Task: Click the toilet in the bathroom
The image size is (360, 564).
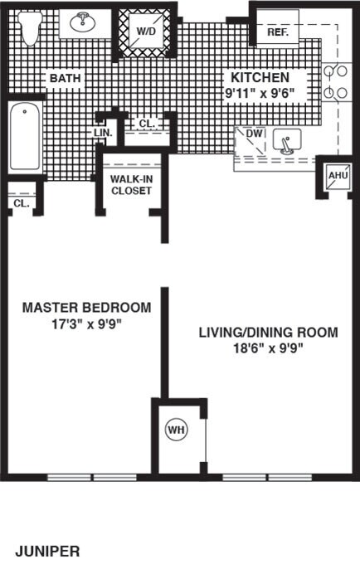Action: (30, 27)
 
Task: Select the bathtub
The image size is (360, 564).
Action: (24, 136)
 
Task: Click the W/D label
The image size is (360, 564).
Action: (146, 32)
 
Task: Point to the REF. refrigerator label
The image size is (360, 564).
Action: (278, 32)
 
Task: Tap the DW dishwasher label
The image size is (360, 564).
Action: (255, 133)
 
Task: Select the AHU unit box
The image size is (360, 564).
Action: (338, 176)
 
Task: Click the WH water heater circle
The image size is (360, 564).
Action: (177, 430)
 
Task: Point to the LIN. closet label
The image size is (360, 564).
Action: (103, 133)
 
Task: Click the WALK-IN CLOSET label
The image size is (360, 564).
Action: (131, 185)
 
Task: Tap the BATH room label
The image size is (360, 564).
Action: (65, 78)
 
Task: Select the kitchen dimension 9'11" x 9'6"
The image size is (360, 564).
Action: (260, 94)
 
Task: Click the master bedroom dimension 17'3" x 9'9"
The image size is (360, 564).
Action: (86, 324)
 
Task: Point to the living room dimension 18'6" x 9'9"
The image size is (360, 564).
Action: (268, 348)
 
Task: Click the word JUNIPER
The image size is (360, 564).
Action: (47, 551)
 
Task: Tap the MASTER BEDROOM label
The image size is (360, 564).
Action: (86, 308)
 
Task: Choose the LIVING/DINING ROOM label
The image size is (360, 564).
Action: (268, 332)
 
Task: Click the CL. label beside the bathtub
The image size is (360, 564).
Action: (22, 203)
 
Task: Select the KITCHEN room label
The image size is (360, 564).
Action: (260, 77)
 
